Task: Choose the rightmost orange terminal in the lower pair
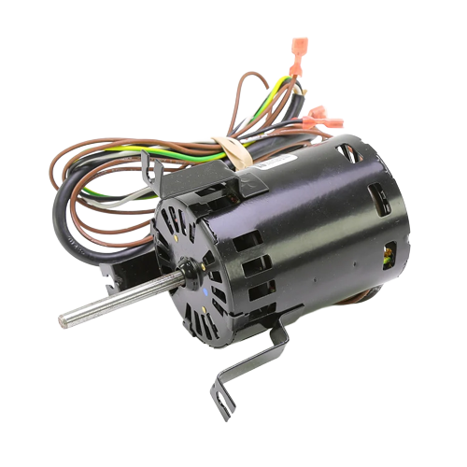click(333, 122)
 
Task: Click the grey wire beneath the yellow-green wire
click(121, 198)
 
